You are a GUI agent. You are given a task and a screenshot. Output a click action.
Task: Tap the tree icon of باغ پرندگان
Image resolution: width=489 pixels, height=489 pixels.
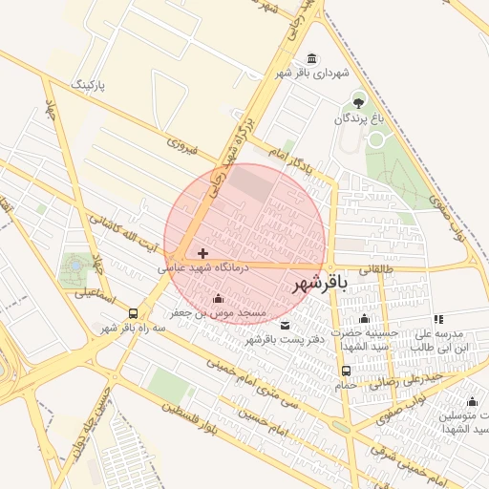358,100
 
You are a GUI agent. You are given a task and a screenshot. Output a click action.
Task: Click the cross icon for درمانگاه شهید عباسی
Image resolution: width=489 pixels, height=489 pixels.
202,253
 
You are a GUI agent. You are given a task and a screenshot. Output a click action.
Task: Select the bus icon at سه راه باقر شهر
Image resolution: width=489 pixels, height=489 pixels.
133,313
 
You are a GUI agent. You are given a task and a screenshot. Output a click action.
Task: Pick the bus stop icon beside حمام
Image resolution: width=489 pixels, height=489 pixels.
346,371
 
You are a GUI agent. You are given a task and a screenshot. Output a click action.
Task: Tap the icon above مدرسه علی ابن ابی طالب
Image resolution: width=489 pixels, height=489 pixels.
438,319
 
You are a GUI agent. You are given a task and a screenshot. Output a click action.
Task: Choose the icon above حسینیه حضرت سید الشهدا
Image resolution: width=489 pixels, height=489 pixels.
363,319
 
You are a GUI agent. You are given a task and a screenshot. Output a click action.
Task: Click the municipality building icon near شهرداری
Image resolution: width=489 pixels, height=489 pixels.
313,58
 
